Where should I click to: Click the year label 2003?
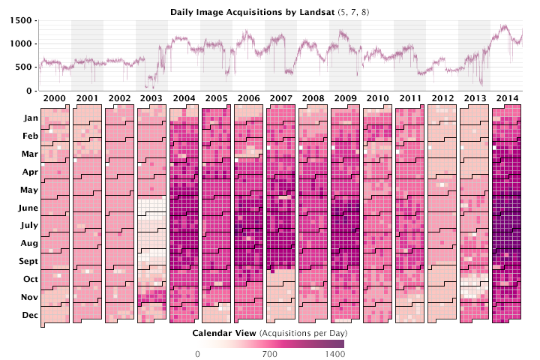(x=151, y=99)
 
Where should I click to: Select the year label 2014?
(x=507, y=99)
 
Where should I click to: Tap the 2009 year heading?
(x=345, y=99)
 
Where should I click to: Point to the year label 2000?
(x=54, y=99)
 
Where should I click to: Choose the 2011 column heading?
(x=409, y=99)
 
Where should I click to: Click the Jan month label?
(x=31, y=118)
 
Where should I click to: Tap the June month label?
(x=28, y=208)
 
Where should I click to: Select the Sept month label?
(x=28, y=262)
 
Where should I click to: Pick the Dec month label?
(x=30, y=316)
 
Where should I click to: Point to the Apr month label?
(x=31, y=172)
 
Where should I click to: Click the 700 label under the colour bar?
(x=270, y=354)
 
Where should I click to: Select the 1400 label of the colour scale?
(x=334, y=354)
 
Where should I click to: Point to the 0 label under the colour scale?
(x=197, y=354)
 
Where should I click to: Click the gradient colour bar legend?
(x=270, y=343)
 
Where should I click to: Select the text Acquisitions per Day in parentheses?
(x=303, y=331)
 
